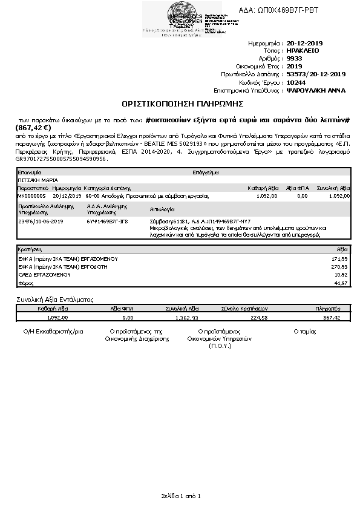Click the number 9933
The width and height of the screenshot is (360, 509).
pos(294,59)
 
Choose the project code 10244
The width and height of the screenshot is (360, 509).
pos(296,82)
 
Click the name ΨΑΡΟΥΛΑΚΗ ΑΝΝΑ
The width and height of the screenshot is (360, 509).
pos(316,90)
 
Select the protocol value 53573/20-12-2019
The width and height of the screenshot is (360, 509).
pos(315,74)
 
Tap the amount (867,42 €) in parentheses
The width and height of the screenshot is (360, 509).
pos(33,128)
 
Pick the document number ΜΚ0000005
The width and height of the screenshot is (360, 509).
pos(32,196)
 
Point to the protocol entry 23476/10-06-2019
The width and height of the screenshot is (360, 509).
pos(41,222)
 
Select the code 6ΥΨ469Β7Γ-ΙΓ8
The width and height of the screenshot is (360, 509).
pos(108,222)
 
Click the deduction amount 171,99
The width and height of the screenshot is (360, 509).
pos(341,258)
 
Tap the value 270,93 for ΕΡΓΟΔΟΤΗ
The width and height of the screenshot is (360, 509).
pos(341,266)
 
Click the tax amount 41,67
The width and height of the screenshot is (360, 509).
pos(342,283)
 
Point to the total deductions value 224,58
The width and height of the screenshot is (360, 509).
pos(258,317)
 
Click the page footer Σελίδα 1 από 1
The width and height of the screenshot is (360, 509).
pos(180,496)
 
